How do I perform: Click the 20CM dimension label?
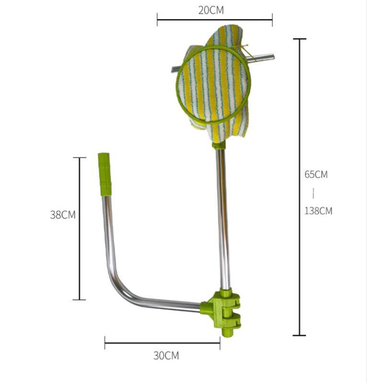(x=211, y=10)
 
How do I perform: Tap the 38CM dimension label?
(x=63, y=214)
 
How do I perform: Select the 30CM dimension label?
(x=166, y=356)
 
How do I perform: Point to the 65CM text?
(x=316, y=174)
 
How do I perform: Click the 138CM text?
(x=318, y=211)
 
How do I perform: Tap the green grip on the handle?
(x=105, y=174)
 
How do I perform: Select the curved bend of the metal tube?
(x=117, y=286)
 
